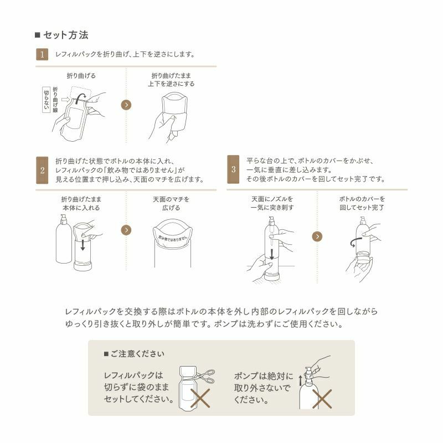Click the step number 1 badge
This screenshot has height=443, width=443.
[42, 54]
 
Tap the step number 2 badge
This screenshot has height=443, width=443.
[42, 171]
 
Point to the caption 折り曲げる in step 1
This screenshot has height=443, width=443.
[81, 75]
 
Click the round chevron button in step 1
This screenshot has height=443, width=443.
[126, 104]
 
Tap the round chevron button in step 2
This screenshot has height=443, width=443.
[126, 230]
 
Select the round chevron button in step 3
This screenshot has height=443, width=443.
[317, 236]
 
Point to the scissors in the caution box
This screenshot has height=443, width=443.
[203, 376]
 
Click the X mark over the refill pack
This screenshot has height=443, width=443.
[200, 397]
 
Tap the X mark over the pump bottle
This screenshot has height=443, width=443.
[322, 397]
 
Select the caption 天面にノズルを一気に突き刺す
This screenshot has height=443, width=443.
[272, 203]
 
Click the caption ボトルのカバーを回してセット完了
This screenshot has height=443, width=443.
[362, 203]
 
